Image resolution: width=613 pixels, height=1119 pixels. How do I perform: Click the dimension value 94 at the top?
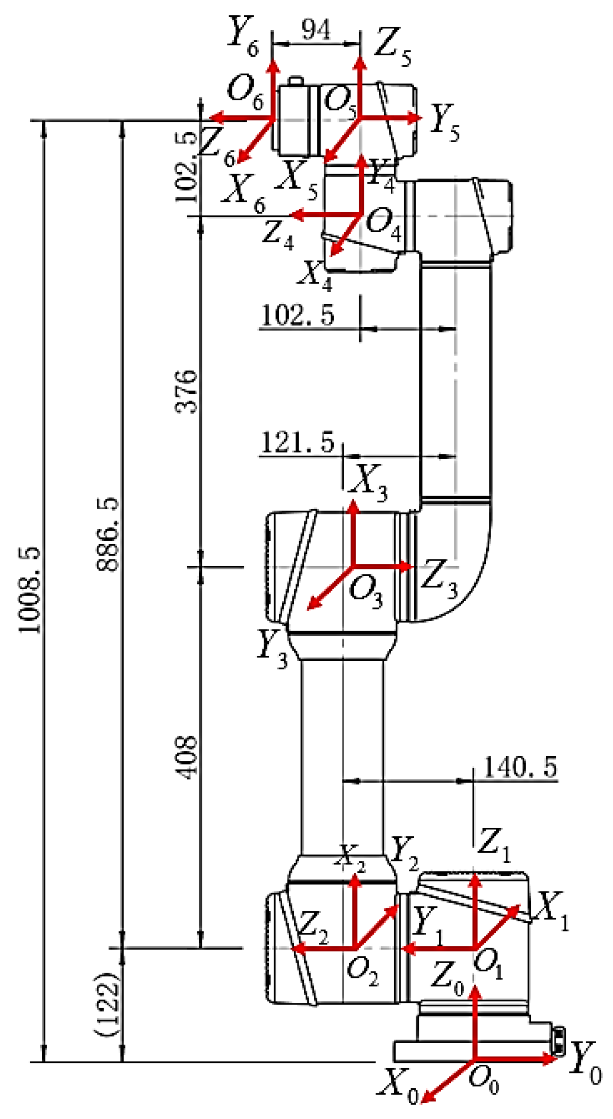[x=316, y=30]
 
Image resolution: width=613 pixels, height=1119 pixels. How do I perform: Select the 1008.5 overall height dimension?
[x=30, y=590]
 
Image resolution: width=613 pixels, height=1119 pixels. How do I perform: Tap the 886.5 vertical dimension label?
[x=108, y=534]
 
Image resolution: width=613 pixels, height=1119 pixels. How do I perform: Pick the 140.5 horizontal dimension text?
[x=519, y=767]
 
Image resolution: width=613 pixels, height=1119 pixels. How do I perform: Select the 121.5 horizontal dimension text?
[x=298, y=442]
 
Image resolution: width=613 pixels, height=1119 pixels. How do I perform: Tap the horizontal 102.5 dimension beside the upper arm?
[x=298, y=315]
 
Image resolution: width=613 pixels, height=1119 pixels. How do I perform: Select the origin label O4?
[x=383, y=225]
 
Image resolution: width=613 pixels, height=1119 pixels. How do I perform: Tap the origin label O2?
[x=362, y=972]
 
